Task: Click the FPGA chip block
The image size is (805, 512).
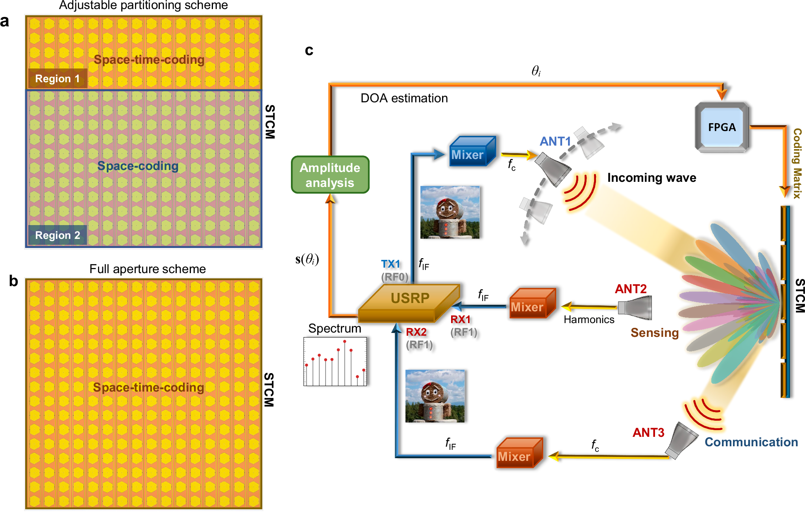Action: pos(722,127)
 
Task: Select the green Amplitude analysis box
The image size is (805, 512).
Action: pos(330,175)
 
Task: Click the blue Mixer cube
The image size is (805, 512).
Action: pos(471,152)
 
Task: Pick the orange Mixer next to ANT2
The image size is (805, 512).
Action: pos(531,304)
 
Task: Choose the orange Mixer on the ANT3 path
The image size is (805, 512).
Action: pos(518,453)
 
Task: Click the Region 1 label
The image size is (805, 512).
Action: pos(57,78)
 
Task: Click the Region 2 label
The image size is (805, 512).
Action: pos(57,235)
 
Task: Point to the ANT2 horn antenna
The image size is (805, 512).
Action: pos(635,307)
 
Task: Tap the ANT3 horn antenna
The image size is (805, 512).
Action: pos(681,440)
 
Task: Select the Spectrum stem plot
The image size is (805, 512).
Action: pos(335,362)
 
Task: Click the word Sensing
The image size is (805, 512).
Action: pos(654,333)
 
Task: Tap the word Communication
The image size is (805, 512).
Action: pos(751,442)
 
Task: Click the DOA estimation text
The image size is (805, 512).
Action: pos(404,98)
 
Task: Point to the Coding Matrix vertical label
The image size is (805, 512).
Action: pos(797,163)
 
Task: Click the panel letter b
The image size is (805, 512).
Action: pos(13,281)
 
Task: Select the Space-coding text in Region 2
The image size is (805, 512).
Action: pos(138,166)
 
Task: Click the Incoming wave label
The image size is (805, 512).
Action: pos(651,177)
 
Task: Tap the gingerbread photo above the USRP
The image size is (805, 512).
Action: pos(450,213)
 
